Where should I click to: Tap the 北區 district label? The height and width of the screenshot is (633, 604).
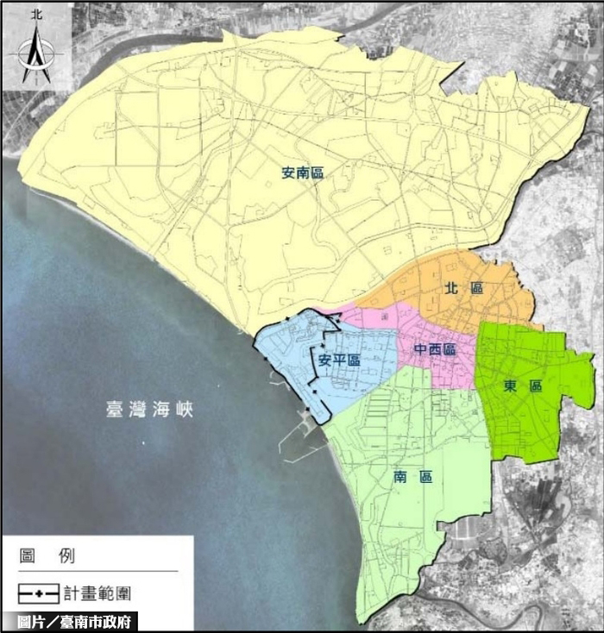pyautogui.click(x=462, y=287)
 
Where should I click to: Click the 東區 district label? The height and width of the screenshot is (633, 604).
pyautogui.click(x=523, y=387)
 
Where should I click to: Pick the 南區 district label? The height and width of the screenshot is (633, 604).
pyautogui.click(x=411, y=477)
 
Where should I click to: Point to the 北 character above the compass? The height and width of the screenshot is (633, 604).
pyautogui.click(x=36, y=15)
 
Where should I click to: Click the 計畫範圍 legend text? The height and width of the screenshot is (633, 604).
pyautogui.click(x=97, y=593)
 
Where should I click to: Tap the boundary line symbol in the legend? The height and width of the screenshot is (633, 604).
pyautogui.click(x=39, y=594)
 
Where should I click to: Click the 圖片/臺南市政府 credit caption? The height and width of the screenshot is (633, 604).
pyautogui.click(x=70, y=622)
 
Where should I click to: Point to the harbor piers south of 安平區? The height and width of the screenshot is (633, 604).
pyautogui.click(x=302, y=431)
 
